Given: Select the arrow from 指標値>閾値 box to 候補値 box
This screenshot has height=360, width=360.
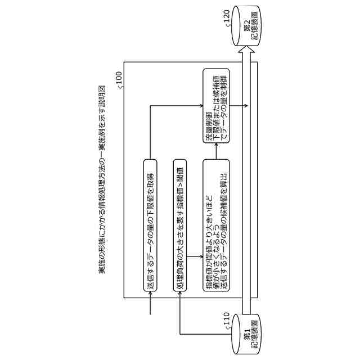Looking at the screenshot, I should point(195,257).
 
